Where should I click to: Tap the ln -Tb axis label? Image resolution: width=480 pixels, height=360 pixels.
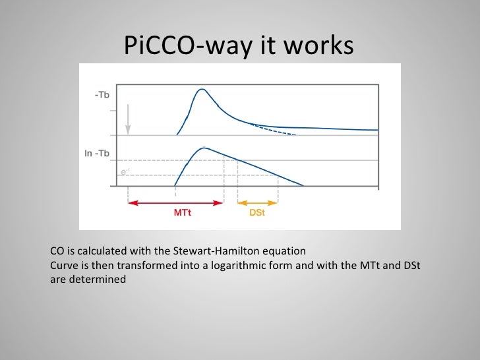pyautogui.click(x=97, y=154)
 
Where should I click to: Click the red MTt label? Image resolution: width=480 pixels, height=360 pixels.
pyautogui.click(x=183, y=214)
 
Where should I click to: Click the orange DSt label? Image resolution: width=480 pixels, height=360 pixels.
pyautogui.click(x=257, y=214)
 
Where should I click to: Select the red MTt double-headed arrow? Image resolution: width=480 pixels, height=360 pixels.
pyautogui.click(x=175, y=203)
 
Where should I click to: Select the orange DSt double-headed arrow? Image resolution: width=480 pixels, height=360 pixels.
pyautogui.click(x=257, y=203)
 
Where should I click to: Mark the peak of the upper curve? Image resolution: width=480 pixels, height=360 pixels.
pyautogui.click(x=203, y=90)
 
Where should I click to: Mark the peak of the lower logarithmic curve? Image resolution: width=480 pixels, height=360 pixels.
pyautogui.click(x=205, y=148)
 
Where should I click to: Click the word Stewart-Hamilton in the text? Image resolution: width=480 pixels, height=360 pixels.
pyautogui.click(x=214, y=251)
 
